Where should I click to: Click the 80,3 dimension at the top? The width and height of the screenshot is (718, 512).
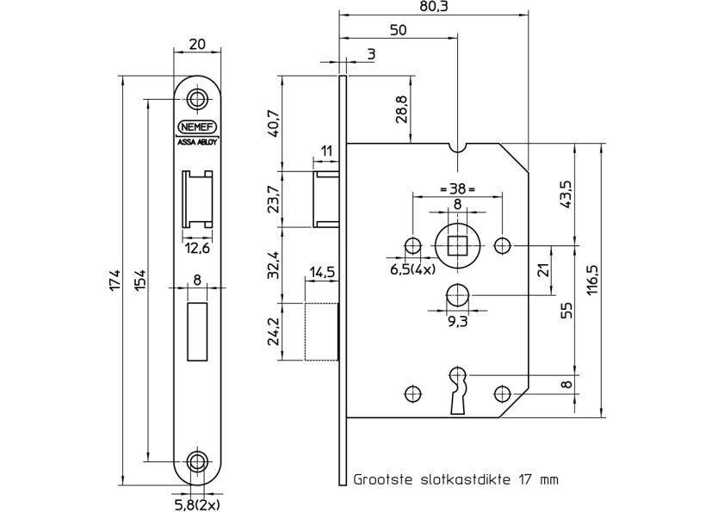[433, 8]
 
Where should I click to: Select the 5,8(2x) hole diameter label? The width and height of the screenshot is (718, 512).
[195, 503]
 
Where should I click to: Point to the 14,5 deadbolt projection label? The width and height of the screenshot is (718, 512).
[322, 272]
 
